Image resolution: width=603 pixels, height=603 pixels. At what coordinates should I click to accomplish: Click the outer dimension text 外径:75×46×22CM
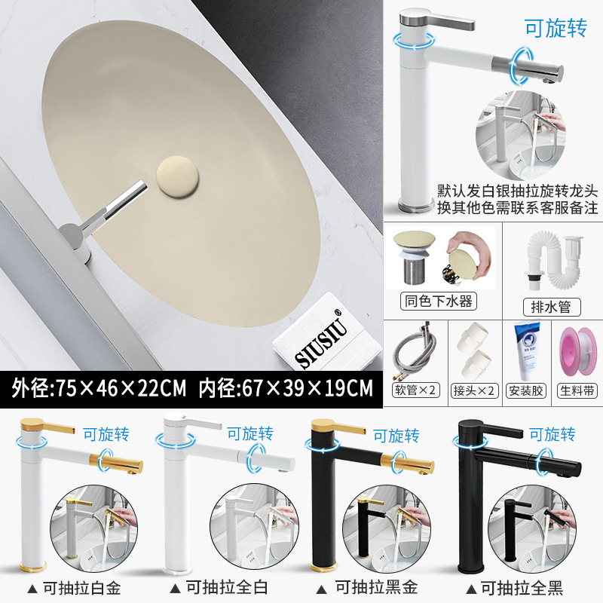click(99, 388)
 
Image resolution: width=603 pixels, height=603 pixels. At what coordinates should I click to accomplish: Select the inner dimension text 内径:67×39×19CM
click(286, 388)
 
